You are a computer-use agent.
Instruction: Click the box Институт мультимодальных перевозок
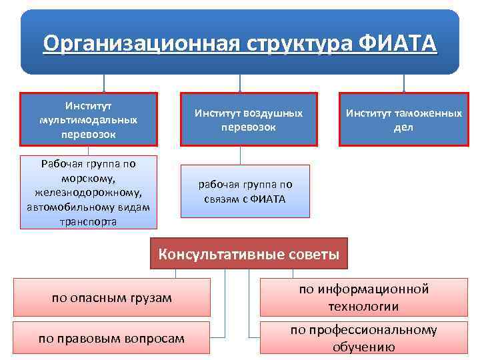pos(89,119)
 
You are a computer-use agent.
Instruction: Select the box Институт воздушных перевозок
pos(248,119)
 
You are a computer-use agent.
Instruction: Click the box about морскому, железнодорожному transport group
pos(89,192)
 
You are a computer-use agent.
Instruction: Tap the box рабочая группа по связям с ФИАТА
pos(245,191)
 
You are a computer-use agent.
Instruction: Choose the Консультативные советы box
pos(248,254)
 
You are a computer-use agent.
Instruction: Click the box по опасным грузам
pos(111,297)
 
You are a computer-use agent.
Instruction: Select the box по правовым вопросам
pos(111,338)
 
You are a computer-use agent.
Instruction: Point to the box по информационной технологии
pos(363,297)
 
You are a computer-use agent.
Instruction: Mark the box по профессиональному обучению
pos(363,338)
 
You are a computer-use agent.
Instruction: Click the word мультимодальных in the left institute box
pos(89,120)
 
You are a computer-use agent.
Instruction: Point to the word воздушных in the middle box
pos(273,113)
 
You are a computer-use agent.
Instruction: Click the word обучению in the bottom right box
pos(363,347)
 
